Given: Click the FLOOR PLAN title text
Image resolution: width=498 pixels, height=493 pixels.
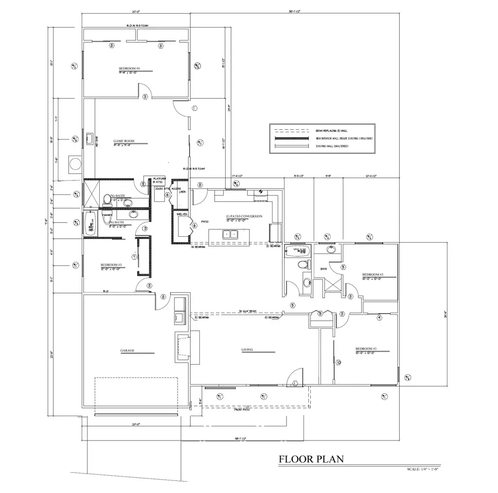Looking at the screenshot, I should (311, 458).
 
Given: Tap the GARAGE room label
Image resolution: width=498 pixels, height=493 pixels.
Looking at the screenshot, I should (127, 350).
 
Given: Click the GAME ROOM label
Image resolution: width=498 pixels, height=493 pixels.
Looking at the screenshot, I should (124, 141).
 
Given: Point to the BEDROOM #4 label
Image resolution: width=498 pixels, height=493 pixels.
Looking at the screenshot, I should (129, 68).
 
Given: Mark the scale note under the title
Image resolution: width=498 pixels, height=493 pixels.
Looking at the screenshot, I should (423, 469).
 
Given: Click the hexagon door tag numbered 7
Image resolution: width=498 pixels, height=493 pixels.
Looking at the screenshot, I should (134, 256).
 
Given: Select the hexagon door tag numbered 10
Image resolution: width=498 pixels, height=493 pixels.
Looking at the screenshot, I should (338, 361).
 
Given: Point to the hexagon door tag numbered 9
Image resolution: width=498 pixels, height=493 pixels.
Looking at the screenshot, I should (320, 314).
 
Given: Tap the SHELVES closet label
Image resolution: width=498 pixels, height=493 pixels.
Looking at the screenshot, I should (181, 213).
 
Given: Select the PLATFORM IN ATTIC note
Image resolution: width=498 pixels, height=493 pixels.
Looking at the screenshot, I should (160, 180).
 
